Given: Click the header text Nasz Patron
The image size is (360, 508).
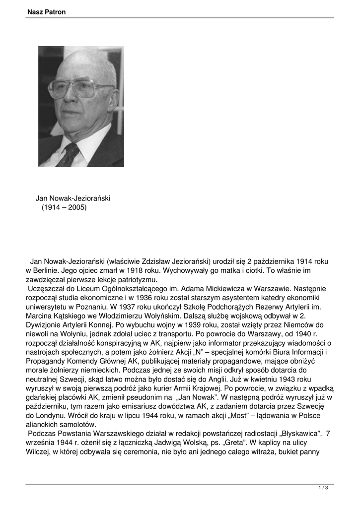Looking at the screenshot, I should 47,12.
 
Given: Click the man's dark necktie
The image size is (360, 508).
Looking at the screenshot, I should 69,154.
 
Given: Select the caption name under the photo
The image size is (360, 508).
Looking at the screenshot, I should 72,198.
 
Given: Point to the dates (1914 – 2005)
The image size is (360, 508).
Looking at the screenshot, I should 64,207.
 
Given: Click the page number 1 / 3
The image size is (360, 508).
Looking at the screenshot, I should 323,488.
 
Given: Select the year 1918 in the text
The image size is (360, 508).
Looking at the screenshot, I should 129,270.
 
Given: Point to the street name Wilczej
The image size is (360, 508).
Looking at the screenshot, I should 38,452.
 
